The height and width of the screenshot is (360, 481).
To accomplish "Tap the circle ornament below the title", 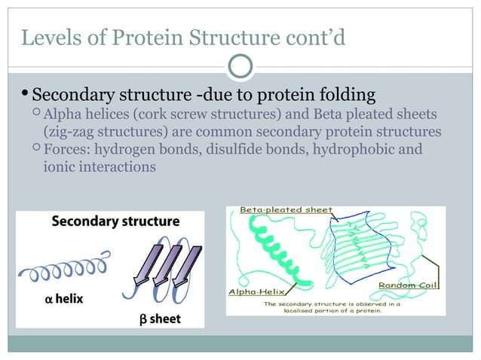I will click(240, 67).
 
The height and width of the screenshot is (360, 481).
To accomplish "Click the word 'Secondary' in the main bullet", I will click(72, 96).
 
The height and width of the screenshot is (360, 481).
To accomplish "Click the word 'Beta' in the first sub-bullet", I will click(334, 114).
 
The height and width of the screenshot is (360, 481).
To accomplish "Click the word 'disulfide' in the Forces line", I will click(228, 149).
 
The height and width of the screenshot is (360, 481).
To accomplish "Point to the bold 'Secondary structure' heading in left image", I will click(115, 221).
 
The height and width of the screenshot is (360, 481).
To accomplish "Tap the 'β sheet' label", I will click(160, 319).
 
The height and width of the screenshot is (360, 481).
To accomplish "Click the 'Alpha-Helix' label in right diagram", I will click(253, 291).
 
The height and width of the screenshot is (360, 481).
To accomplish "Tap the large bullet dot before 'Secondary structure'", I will click(25, 95).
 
